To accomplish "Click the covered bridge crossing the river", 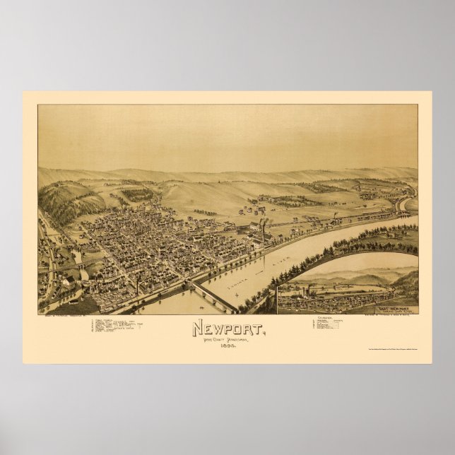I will click(x=212, y=296).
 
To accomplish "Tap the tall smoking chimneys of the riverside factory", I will click(x=263, y=227).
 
